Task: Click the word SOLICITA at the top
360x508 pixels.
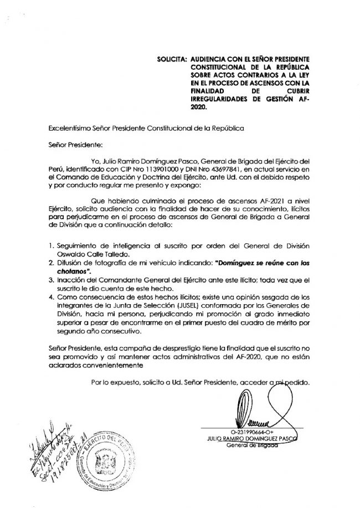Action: [171, 58]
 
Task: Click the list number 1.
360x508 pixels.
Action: [51, 246]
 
